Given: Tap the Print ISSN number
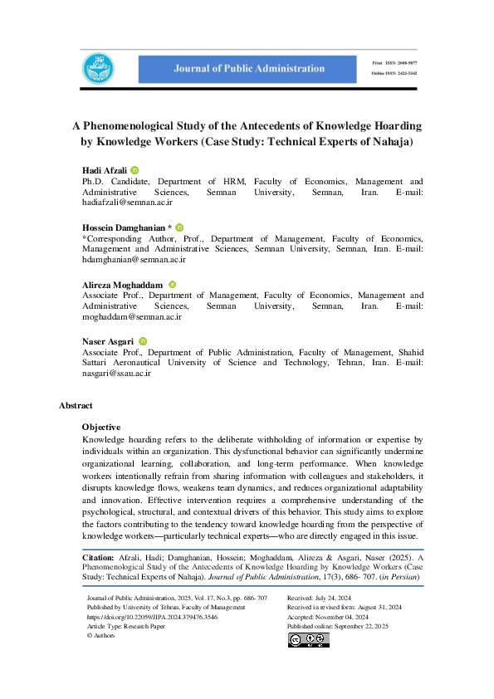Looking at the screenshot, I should (x=404, y=61).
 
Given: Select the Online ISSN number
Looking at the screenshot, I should (x=404, y=73).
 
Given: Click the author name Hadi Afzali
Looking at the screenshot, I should (x=104, y=170).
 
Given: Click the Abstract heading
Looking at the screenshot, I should (x=76, y=405).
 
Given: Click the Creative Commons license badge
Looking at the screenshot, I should (x=308, y=639).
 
